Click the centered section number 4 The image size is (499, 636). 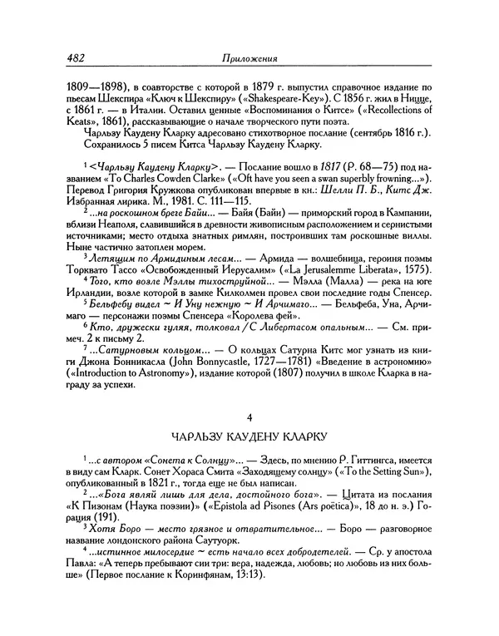pyautogui.click(x=249, y=437)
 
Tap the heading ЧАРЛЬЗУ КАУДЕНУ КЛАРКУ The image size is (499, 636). pyautogui.click(x=249, y=458)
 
